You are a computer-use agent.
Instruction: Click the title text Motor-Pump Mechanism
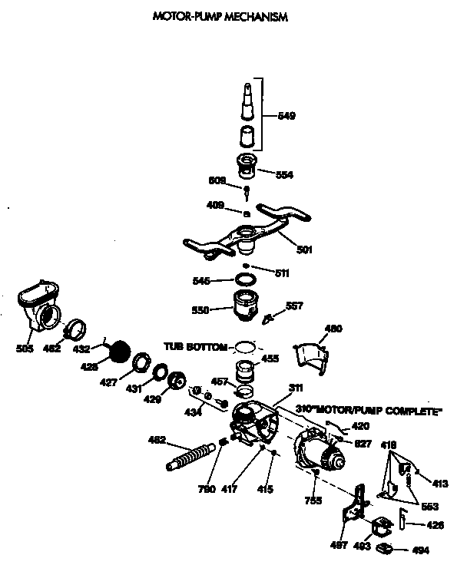(221, 17)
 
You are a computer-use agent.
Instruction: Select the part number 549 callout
(286, 116)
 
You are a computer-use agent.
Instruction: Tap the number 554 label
(283, 174)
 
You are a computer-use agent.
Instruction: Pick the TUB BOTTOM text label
(194, 347)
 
